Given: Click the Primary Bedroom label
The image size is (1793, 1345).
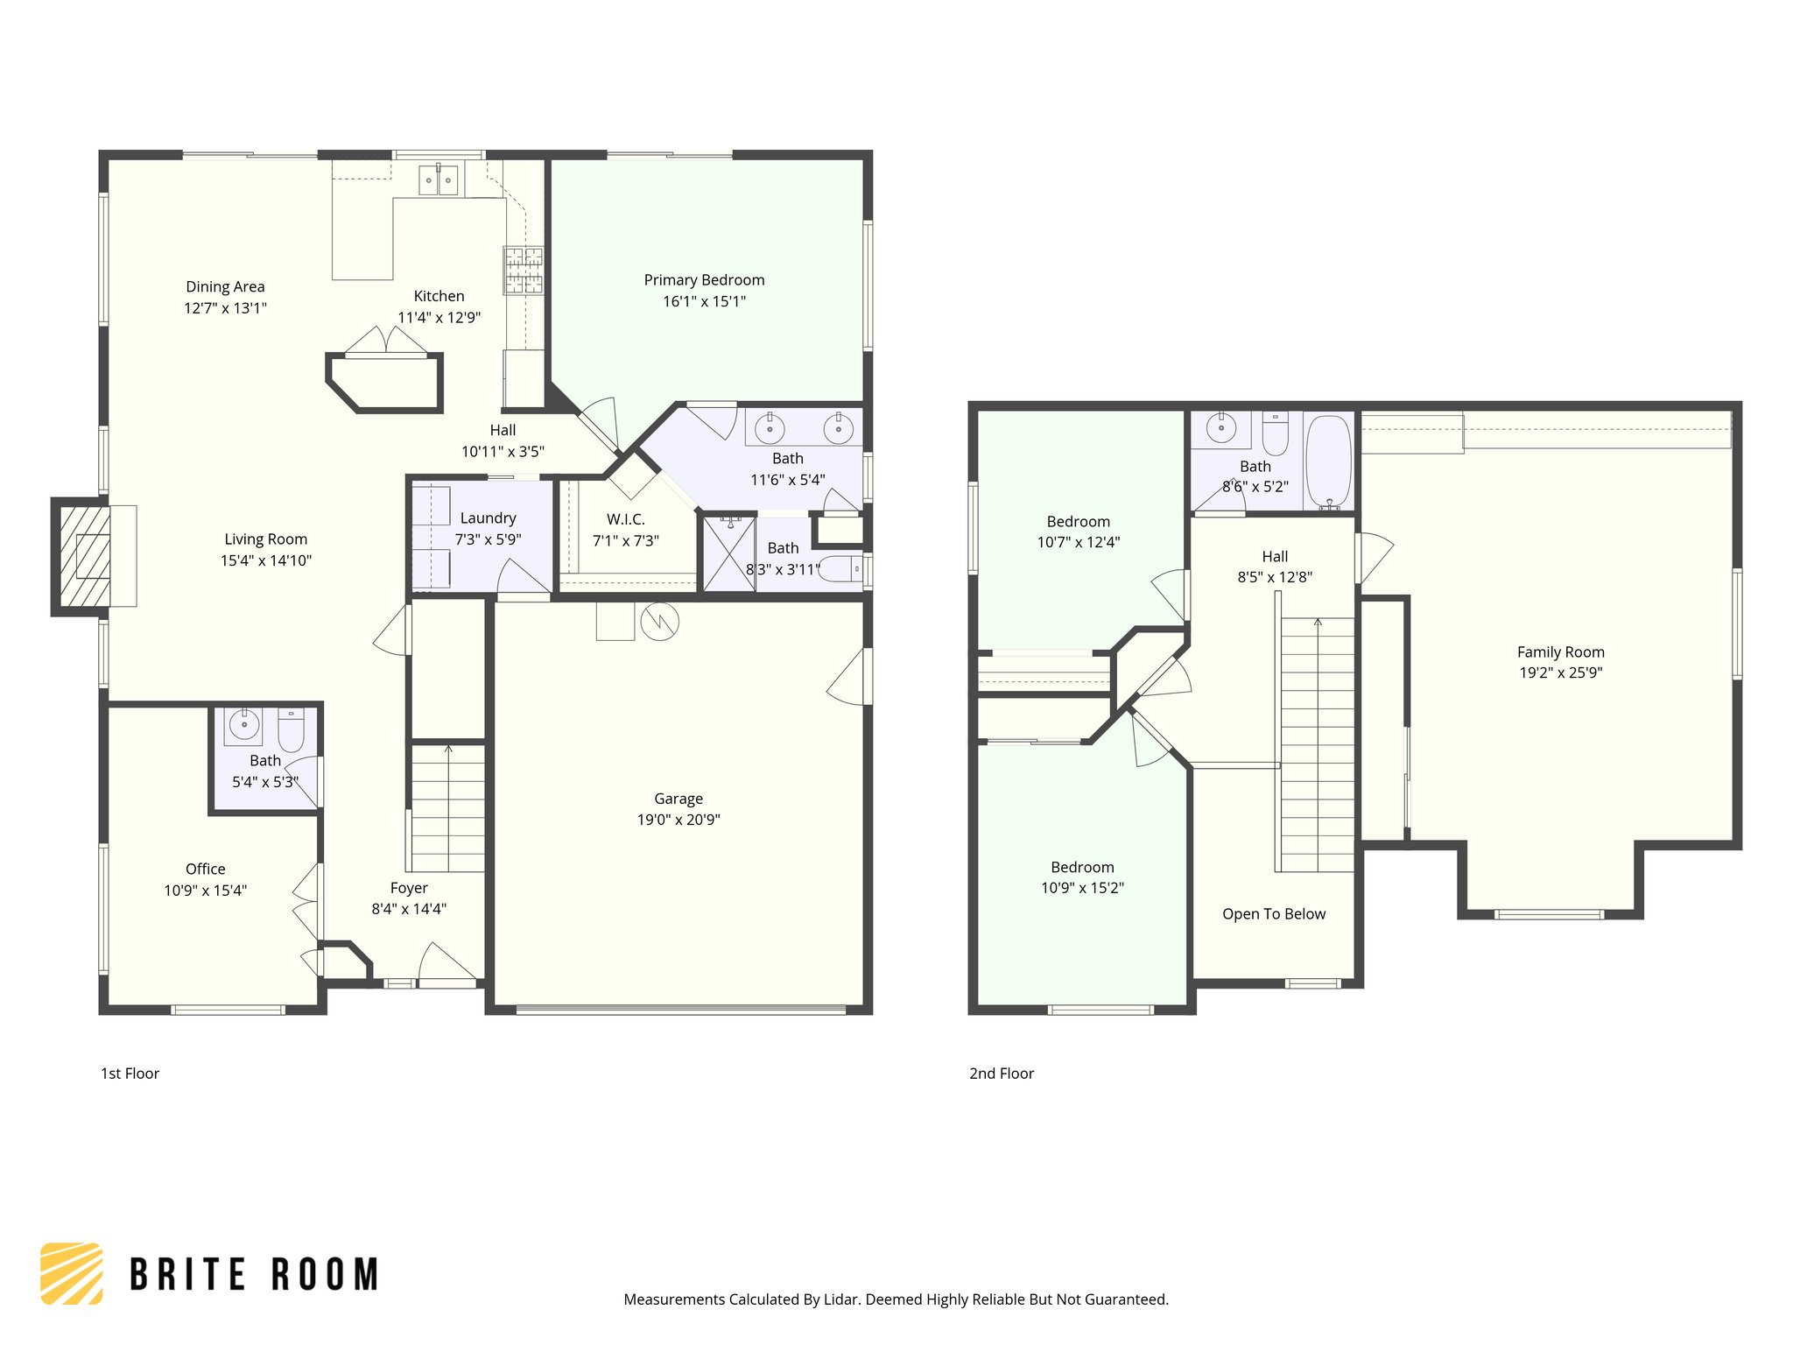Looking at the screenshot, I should (x=704, y=280).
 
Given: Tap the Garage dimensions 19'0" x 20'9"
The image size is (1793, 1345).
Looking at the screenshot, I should (x=679, y=820).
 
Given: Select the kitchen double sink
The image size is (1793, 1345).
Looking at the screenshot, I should (x=438, y=180).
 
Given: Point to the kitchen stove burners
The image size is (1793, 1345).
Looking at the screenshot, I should (x=523, y=270).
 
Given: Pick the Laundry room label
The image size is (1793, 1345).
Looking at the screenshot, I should (x=488, y=518).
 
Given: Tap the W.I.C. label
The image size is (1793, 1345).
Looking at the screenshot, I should (x=625, y=519).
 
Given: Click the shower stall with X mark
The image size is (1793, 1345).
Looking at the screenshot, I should (x=728, y=554).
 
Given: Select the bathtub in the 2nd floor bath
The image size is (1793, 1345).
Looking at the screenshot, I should (x=1328, y=461).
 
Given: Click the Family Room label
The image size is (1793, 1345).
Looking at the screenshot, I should (x=1560, y=652).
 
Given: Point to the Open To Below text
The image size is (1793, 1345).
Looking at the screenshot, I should (x=1274, y=914).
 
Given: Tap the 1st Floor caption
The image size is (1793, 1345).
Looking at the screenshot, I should (x=130, y=1074).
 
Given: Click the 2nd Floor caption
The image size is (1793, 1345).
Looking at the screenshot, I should (x=1002, y=1074).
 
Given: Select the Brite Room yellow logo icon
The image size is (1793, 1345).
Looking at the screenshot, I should (x=72, y=1273).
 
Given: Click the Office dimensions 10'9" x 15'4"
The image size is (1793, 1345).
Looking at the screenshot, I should (x=206, y=891).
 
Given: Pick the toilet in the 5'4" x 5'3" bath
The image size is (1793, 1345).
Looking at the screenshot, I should (x=292, y=729).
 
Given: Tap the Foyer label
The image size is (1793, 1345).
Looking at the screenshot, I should (x=409, y=888).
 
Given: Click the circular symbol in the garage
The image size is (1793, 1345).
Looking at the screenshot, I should (x=659, y=622).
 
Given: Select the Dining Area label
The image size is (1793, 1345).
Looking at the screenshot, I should (x=225, y=287).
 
